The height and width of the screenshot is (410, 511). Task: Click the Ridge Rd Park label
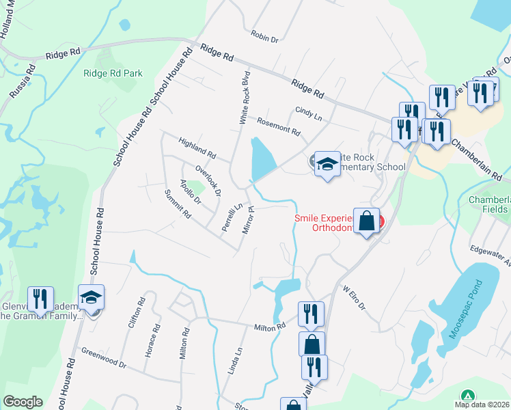(x=113, y=73)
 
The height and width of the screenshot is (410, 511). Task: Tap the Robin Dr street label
(x=264, y=36)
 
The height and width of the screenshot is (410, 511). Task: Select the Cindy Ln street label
(x=308, y=113)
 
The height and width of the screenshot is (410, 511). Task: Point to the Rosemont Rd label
(x=279, y=126)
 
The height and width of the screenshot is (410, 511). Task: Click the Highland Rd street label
(x=197, y=146)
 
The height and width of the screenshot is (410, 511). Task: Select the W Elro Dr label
(x=355, y=299)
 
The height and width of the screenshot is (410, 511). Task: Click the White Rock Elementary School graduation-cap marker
(x=328, y=164)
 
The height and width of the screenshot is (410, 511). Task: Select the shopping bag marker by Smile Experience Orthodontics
(x=367, y=221)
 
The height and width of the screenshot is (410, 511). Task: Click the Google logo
(x=23, y=402)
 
